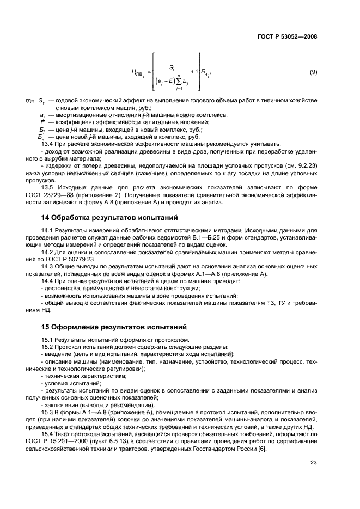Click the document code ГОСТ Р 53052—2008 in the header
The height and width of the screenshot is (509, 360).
(288, 37)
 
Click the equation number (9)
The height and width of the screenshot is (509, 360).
(313, 72)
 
